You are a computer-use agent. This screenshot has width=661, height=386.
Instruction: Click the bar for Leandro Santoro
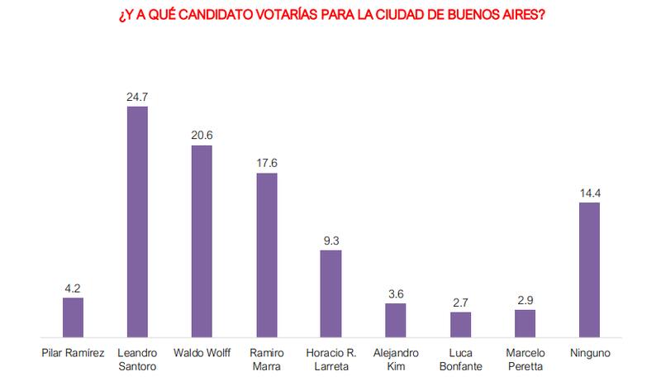pyautogui.click(x=137, y=222)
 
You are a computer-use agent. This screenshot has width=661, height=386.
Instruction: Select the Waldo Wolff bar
pyautogui.click(x=202, y=241)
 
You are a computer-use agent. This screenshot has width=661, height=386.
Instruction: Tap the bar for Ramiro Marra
pyautogui.click(x=266, y=255)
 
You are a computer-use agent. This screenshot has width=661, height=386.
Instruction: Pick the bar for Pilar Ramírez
pyautogui.click(x=73, y=317)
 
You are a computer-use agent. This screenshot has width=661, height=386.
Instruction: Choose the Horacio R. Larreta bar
pyautogui.click(x=330, y=293)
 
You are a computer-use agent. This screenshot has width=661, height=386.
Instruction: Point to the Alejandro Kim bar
pyautogui.click(x=396, y=321)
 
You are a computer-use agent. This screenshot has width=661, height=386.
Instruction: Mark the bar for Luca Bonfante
pyautogui.click(x=460, y=325)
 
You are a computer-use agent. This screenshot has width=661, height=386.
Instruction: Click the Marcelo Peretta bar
pyautogui.click(x=525, y=324)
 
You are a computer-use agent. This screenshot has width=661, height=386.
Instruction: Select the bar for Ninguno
pyautogui.click(x=589, y=270)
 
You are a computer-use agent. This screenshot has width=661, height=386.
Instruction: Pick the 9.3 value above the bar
pyautogui.click(x=330, y=241)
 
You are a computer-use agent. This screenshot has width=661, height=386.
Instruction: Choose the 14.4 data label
pyautogui.click(x=589, y=193)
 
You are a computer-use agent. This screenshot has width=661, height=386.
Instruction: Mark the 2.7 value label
pyautogui.click(x=460, y=303)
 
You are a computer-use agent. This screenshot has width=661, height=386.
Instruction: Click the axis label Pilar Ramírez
pyautogui.click(x=73, y=353)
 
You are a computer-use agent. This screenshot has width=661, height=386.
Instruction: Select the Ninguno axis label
pyautogui.click(x=589, y=353)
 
